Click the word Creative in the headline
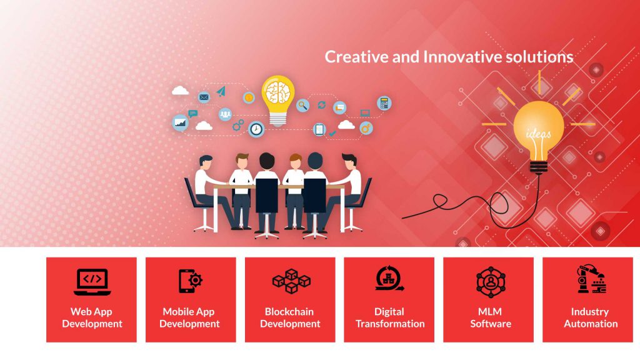(356, 57)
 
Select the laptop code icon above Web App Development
(92, 282)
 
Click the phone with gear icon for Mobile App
(191, 281)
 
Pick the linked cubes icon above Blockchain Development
(291, 281)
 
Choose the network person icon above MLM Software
(491, 282)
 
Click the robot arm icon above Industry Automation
(591, 279)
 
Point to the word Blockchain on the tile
(289, 312)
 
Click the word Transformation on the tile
(390, 324)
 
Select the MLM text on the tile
(490, 312)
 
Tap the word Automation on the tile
(591, 324)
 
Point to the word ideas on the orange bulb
(538, 133)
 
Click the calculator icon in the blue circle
(384, 103)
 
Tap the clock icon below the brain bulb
(256, 129)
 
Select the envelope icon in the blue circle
(204, 97)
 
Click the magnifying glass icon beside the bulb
(302, 105)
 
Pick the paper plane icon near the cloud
(221, 91)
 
